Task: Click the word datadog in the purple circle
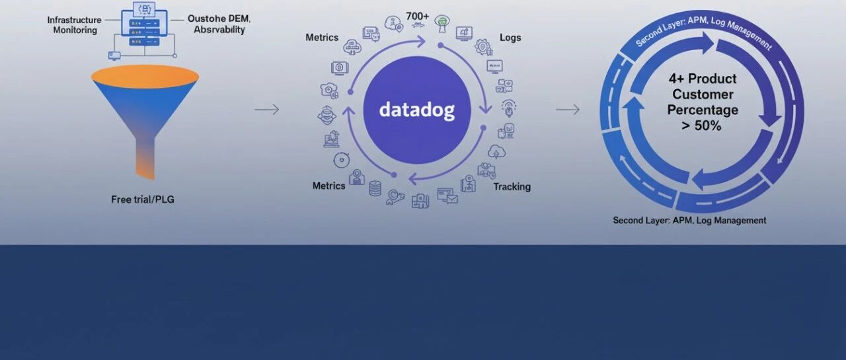416,110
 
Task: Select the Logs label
510,38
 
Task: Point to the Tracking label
512,187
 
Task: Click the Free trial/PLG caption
143,199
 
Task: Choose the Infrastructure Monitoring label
74,25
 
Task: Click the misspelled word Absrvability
219,30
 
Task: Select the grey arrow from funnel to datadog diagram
266,109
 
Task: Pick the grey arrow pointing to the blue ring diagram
568,109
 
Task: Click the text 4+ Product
703,79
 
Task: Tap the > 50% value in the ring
703,125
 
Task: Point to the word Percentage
703,110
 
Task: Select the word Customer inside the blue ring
703,94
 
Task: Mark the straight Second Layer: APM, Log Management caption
689,221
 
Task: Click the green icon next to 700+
441,22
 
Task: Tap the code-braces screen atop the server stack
144,9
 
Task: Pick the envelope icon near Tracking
447,196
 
